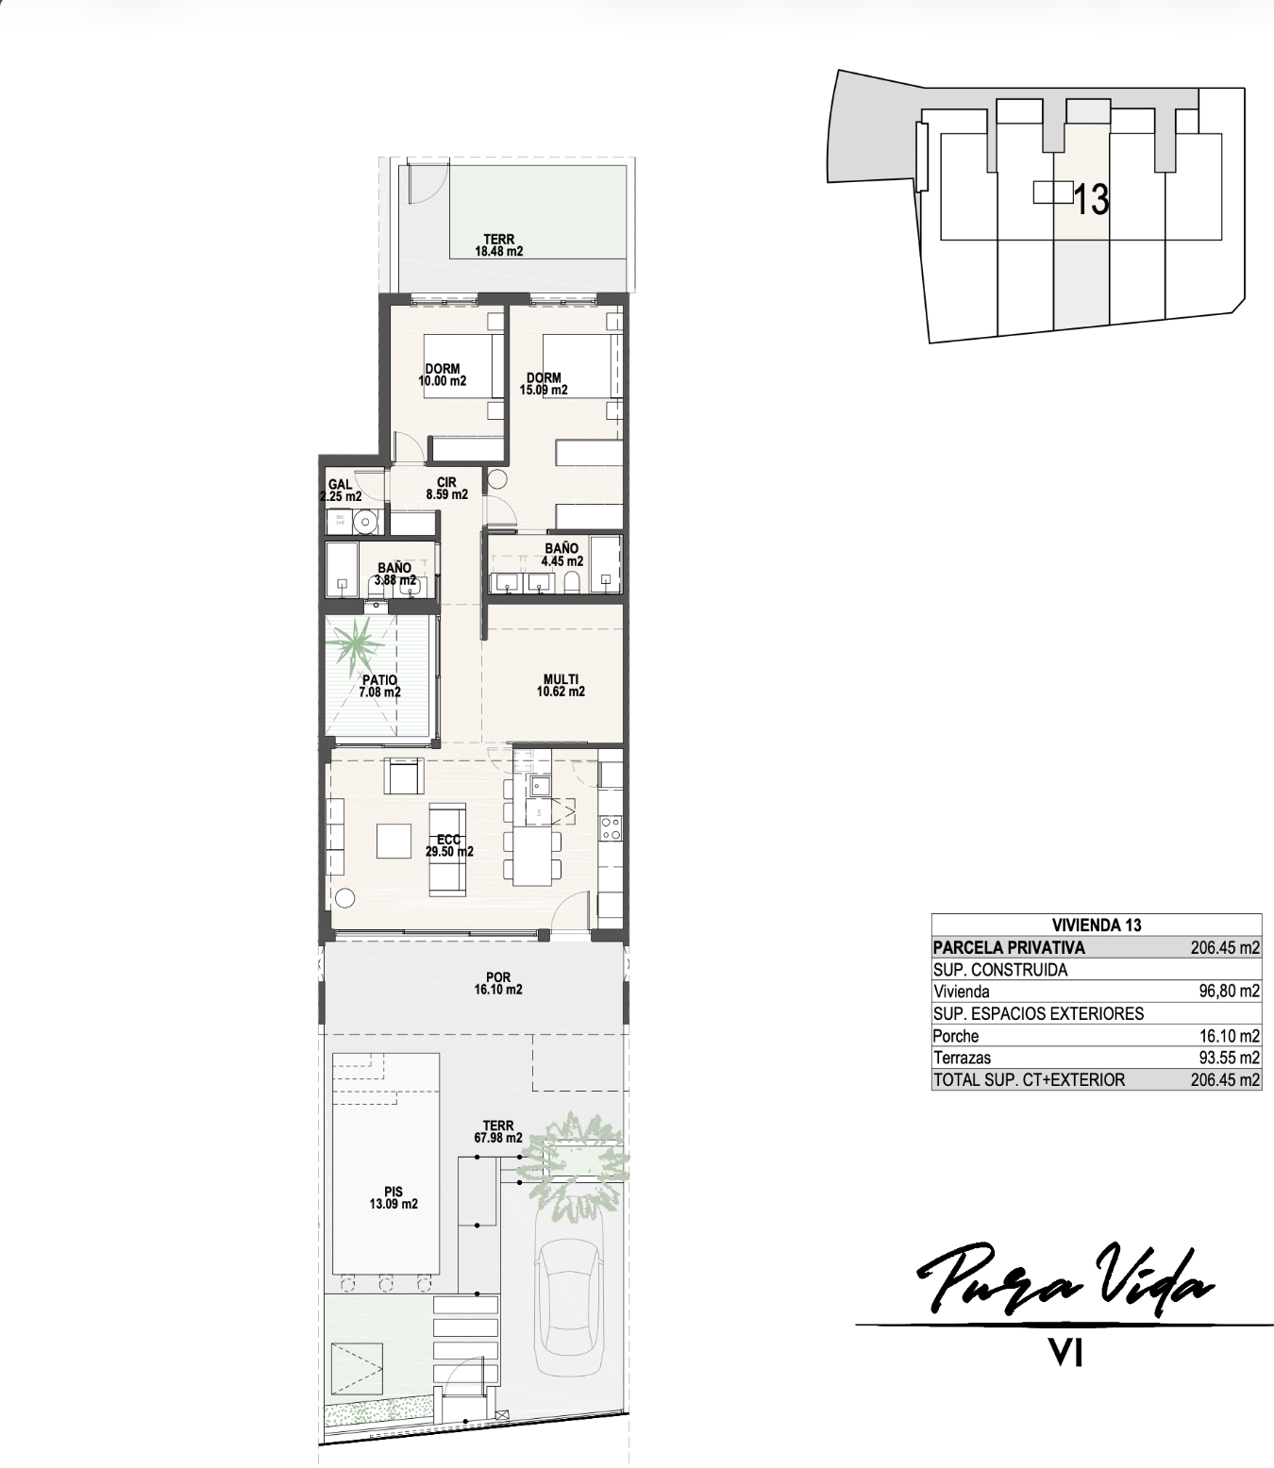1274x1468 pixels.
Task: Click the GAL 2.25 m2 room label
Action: click(x=341, y=490)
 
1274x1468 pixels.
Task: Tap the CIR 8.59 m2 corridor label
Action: click(x=446, y=489)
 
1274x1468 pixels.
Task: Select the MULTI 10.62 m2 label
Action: click(x=561, y=685)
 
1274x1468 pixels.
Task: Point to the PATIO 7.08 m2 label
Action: click(x=379, y=686)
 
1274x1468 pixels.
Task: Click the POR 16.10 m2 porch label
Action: click(x=498, y=983)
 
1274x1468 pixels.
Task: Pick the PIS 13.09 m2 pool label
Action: click(x=394, y=1197)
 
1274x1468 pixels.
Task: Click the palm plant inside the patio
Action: click(x=355, y=642)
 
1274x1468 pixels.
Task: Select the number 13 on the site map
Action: click(x=1091, y=199)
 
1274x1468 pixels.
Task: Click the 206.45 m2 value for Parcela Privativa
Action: click(x=1225, y=947)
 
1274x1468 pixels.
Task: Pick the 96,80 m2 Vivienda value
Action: click(x=1229, y=991)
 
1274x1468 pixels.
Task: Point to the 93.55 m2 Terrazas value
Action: click(x=1229, y=1057)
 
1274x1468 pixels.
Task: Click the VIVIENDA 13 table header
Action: click(x=1096, y=925)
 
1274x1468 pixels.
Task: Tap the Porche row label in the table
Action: click(x=955, y=1035)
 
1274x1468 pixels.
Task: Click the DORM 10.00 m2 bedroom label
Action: click(x=443, y=375)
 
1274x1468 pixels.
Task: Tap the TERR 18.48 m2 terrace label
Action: click(x=499, y=245)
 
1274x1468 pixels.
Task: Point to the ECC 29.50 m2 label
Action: click(x=449, y=845)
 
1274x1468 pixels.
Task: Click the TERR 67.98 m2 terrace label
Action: click(x=498, y=1131)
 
